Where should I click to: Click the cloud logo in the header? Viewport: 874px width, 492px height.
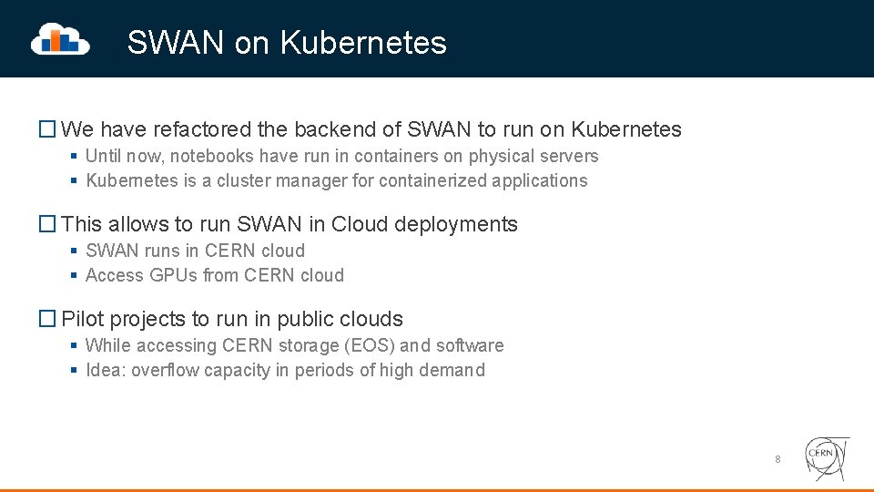(60, 39)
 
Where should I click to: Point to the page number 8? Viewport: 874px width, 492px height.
(777, 459)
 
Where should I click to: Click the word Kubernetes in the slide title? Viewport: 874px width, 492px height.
(363, 43)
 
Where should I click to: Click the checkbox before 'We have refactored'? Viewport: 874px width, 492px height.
(47, 129)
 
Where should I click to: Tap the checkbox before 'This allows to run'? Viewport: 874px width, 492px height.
(47, 224)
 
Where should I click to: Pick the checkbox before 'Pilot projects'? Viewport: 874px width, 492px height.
(47, 319)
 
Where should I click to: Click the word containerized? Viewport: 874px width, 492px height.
(432, 180)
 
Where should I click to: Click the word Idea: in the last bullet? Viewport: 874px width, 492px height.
(106, 370)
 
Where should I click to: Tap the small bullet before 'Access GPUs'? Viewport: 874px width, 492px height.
(73, 275)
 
